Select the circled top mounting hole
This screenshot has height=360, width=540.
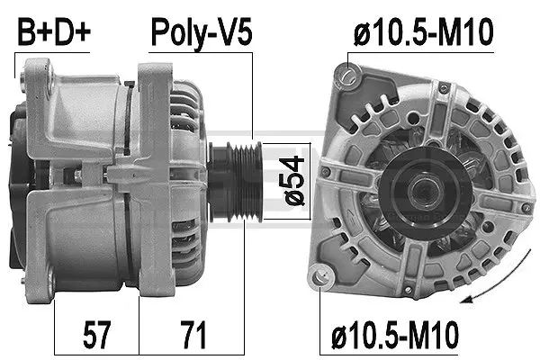(352, 73)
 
